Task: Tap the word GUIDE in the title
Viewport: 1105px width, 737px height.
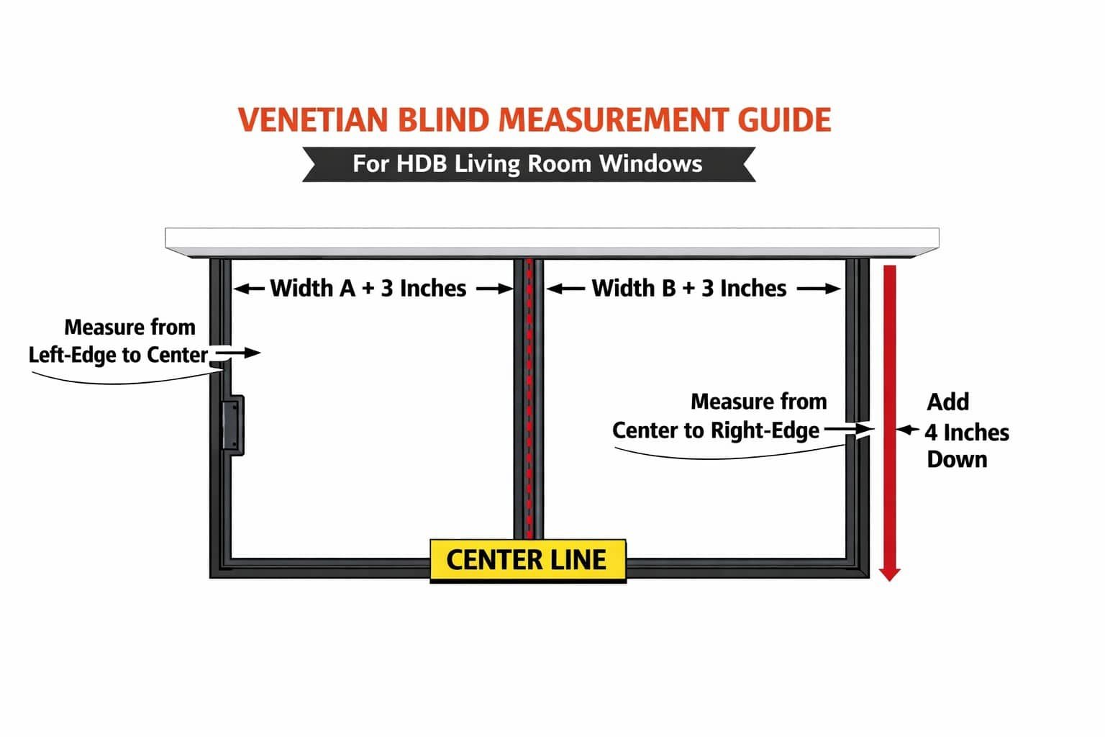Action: [784, 120]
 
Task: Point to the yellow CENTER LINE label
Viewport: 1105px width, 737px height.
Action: [528, 560]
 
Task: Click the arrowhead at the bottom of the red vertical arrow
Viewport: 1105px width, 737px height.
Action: [889, 574]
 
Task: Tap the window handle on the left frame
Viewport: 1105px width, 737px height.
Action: [232, 425]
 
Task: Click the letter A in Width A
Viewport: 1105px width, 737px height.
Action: [347, 289]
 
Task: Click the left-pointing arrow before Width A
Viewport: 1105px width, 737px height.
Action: [249, 289]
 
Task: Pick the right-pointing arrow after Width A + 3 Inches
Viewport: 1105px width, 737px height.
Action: [495, 289]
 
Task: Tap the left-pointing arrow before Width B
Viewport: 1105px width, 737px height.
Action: [566, 289]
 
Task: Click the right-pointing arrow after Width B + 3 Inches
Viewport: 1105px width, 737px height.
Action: [819, 289]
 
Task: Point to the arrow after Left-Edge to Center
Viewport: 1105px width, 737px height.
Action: [238, 353]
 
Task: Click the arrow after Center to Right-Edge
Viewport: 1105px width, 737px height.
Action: [848, 429]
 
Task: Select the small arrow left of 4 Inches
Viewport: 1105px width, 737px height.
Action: [908, 430]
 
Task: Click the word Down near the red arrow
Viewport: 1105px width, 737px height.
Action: [957, 460]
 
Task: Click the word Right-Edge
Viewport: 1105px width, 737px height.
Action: [765, 430]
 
